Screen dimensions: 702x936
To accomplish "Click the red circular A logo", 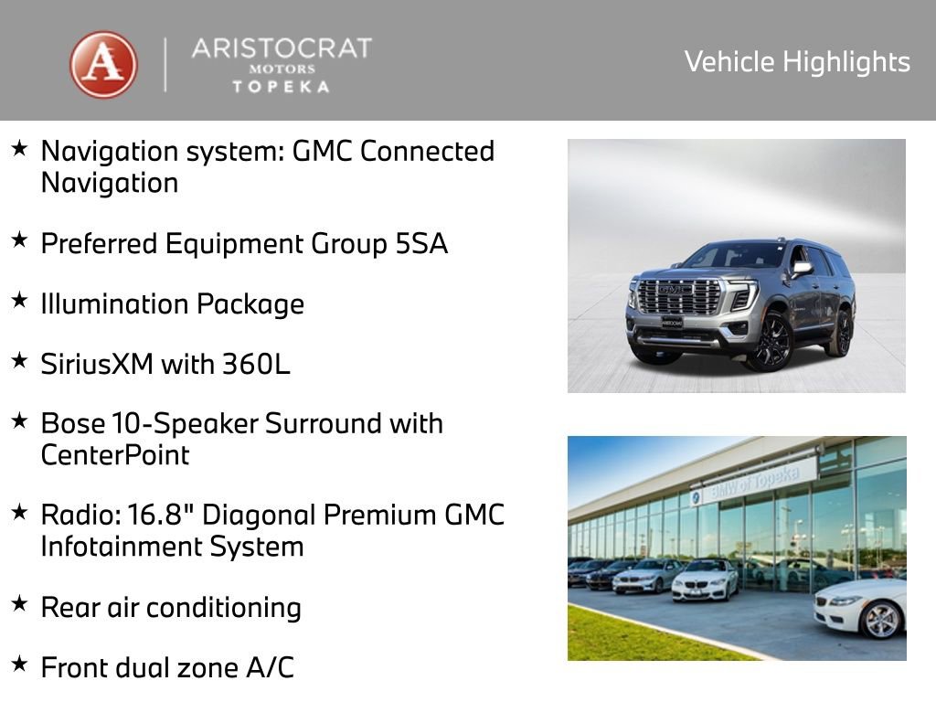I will pos(104,65).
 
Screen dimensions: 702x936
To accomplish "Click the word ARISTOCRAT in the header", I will pos(282,48).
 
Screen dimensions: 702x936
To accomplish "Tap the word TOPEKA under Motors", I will pos(282,86).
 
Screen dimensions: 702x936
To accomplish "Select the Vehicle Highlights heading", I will pos(797,61).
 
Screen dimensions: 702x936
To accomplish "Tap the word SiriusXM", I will pos(97,365).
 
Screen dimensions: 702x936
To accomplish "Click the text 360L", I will pos(256,365).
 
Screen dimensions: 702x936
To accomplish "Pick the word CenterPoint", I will pos(115,454).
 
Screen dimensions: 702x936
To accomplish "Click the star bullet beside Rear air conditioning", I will pos(19,603).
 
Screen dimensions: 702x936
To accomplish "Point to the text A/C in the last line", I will pos(271,667).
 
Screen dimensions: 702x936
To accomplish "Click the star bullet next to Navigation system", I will pos(19,146).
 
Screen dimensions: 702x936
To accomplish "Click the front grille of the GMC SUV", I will pos(679,297).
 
